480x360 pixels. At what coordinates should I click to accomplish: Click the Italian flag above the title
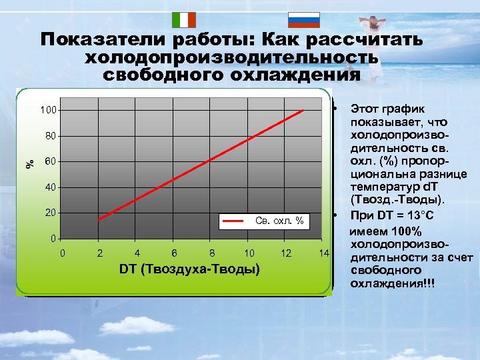(183, 19)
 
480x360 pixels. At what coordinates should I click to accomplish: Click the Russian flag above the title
(303, 19)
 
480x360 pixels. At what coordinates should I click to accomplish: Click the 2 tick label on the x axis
(100, 253)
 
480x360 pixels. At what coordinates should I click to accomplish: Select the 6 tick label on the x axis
(175, 253)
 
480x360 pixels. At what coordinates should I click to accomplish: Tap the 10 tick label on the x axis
(249, 253)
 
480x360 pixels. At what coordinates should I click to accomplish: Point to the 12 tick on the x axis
(287, 253)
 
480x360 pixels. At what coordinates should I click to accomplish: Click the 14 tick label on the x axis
(324, 253)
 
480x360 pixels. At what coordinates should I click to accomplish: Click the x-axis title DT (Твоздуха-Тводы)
(189, 269)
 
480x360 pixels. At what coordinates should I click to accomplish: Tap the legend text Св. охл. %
(279, 220)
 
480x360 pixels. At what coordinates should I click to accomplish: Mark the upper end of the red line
(303, 110)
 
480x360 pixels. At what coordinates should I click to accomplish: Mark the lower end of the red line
(99, 219)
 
